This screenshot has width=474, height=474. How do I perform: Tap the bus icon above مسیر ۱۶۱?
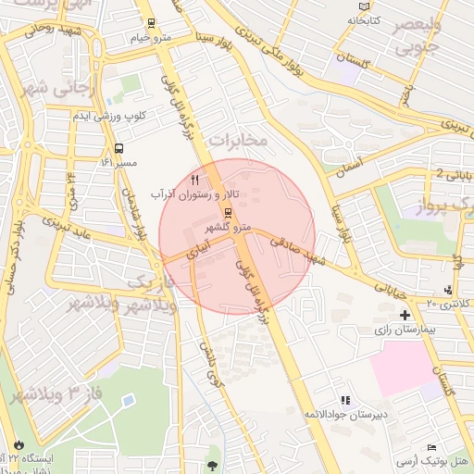tap(118, 148)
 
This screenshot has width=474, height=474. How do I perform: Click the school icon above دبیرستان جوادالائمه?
tap(344, 401)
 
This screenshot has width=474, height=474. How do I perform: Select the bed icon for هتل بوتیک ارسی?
tap(431, 448)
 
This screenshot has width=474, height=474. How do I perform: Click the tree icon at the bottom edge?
tap(214, 466)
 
